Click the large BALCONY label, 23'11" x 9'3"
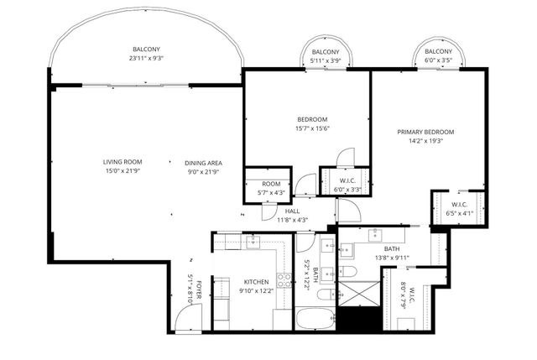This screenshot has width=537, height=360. [145, 50]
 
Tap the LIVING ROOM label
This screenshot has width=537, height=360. [123, 162]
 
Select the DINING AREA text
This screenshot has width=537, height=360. [204, 162]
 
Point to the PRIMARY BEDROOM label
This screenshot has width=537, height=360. [425, 132]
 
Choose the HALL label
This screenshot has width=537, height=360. [292, 211]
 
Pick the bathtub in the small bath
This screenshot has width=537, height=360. [315, 320]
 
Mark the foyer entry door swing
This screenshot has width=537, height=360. [190, 316]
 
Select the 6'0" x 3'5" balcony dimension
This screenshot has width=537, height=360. [438, 60]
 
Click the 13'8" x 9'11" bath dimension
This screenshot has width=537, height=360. [392, 258]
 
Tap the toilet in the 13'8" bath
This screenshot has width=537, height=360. [350, 270]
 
